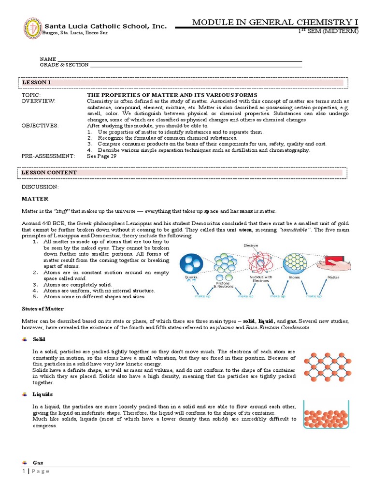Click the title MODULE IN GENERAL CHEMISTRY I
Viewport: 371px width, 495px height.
point(275,22)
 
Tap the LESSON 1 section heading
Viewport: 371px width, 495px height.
point(36,83)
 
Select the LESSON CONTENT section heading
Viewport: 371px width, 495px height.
point(49,172)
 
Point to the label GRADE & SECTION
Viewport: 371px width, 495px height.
point(64,65)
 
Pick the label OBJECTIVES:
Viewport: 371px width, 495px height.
point(40,126)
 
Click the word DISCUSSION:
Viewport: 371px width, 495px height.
point(40,187)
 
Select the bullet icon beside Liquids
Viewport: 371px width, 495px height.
point(25,394)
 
